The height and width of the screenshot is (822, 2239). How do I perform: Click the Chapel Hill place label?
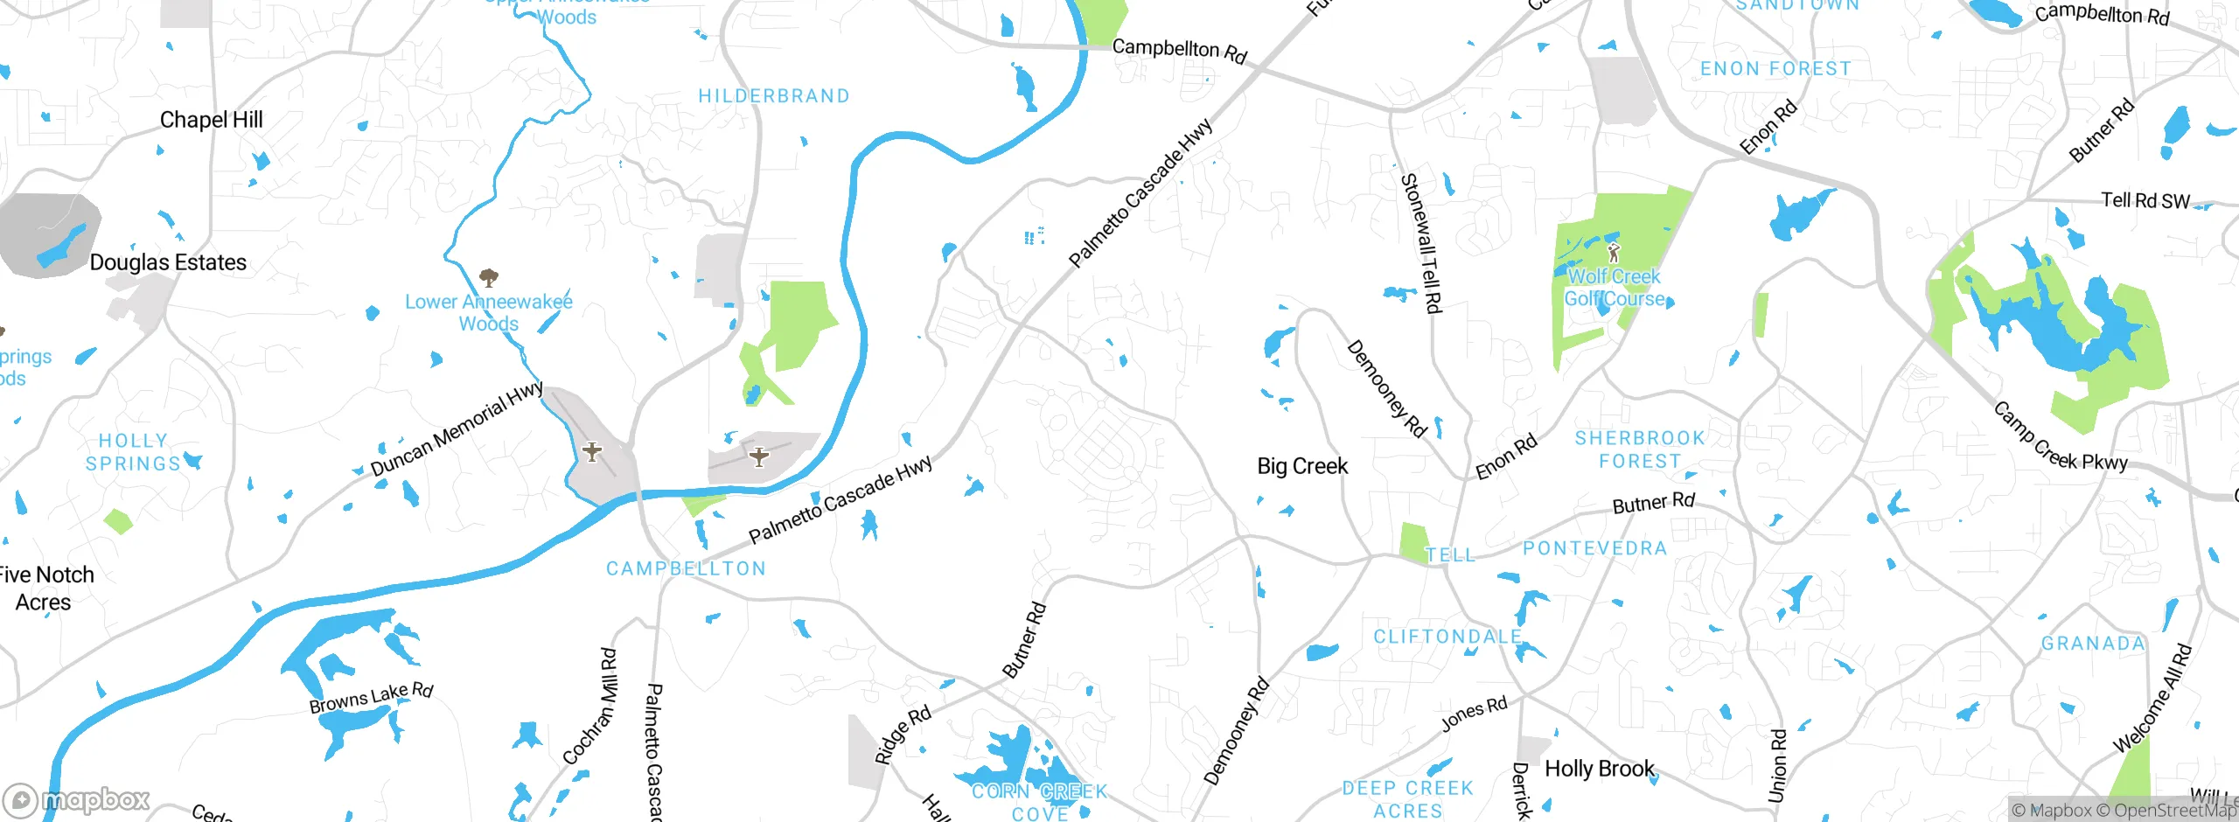[211, 120]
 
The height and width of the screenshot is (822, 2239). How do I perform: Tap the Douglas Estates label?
[168, 262]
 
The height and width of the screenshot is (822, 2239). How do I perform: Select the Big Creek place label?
[1301, 466]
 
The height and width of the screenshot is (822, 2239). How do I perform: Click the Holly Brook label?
[1599, 769]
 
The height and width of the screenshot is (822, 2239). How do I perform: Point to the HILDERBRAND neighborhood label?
[773, 96]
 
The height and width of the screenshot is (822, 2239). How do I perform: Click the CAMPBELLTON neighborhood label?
[686, 568]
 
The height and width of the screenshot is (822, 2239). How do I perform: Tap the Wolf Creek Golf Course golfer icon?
[1614, 254]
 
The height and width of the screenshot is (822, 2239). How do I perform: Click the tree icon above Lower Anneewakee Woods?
[489, 278]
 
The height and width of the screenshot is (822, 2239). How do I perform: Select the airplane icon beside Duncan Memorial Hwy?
[592, 452]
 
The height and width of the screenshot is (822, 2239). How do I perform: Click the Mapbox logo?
[77, 800]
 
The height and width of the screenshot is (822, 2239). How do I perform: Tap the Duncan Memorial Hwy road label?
[457, 429]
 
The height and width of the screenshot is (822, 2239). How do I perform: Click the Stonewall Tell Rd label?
[1420, 243]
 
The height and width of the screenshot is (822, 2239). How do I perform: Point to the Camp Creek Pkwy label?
[2059, 437]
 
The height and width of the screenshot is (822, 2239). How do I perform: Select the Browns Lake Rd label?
[371, 697]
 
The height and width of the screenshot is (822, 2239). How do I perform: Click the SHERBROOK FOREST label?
[1639, 449]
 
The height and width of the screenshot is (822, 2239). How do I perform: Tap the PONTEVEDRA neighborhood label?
[1594, 548]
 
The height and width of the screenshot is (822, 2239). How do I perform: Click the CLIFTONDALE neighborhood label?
[1447, 637]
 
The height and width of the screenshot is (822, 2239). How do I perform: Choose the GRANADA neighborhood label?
[2092, 644]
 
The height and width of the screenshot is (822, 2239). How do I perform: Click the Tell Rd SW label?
[2145, 201]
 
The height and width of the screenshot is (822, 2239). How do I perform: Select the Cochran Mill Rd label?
[590, 706]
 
